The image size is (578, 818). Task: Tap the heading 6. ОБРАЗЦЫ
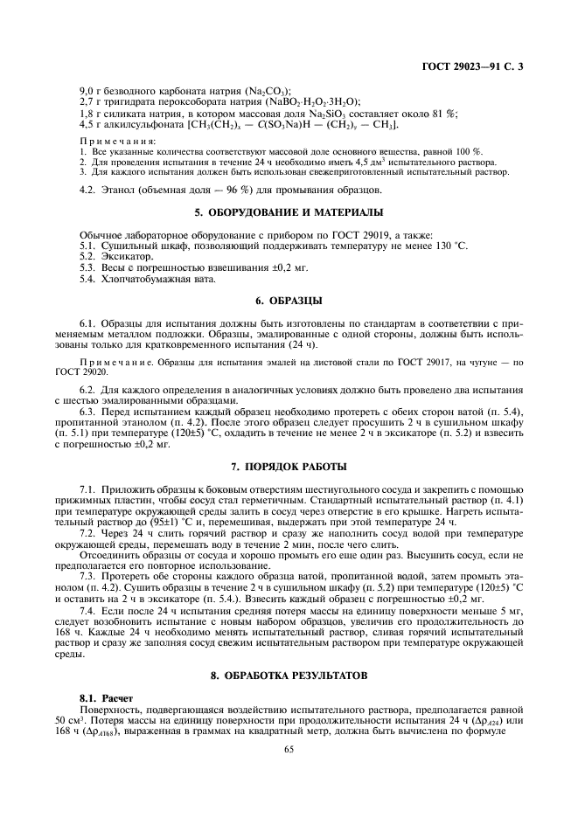click(x=289, y=302)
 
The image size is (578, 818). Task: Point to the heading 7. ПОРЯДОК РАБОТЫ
click(x=289, y=465)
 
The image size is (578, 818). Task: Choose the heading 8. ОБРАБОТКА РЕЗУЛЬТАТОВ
click(x=289, y=677)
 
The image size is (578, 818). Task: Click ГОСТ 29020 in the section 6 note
click(x=80, y=369)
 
